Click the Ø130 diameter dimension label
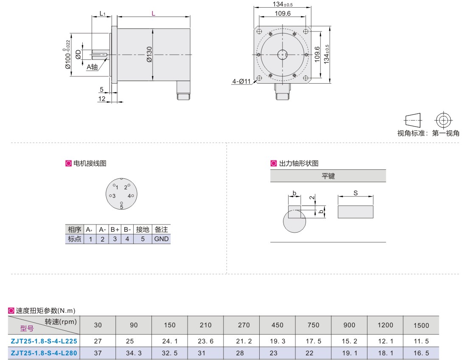[x=149, y=54]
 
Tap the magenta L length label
[x=154, y=14]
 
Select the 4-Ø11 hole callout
[x=241, y=82]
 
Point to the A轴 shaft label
[x=92, y=67]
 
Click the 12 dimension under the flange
[x=102, y=98]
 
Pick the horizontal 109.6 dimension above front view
[x=283, y=14]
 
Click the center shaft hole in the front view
[x=282, y=55]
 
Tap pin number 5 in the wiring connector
[x=121, y=207]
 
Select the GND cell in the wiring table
[x=161, y=239]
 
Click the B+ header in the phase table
[x=115, y=230]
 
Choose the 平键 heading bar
[x=328, y=176]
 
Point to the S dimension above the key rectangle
[x=356, y=193]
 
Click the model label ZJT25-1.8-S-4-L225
[x=44, y=341]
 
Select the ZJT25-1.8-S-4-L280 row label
[x=44, y=353]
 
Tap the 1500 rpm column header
[x=421, y=325]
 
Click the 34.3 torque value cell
[x=134, y=353]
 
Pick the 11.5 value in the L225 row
[x=421, y=341]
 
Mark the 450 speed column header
[x=277, y=325]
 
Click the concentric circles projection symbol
[x=443, y=121]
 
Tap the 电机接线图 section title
[x=90, y=163]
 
